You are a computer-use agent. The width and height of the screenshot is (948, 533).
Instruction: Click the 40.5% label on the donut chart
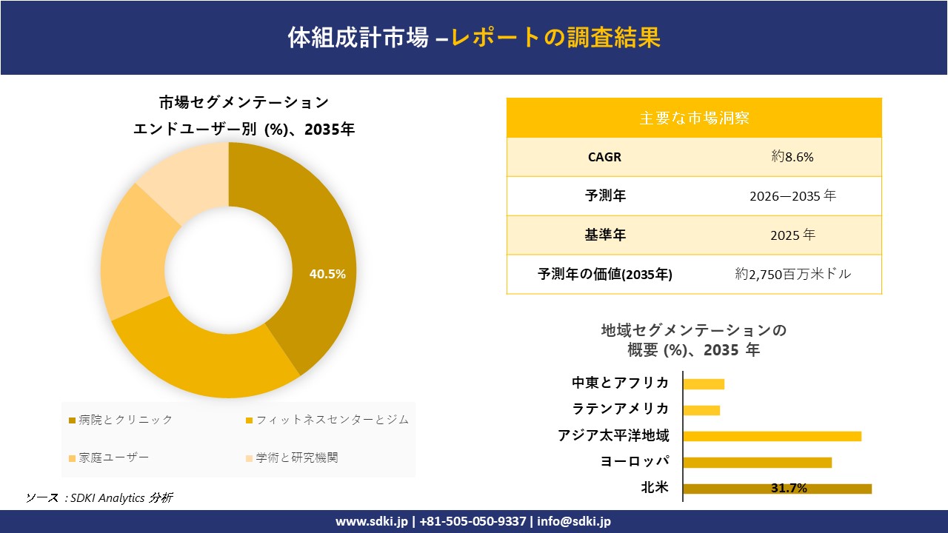point(327,274)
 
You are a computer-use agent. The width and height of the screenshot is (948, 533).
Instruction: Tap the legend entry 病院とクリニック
point(121,420)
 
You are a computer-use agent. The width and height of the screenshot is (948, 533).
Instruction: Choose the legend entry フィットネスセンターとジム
point(327,420)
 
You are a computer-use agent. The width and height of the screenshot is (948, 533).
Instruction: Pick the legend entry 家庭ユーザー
point(109,458)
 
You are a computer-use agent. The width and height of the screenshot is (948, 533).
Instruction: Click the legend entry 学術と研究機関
point(292,458)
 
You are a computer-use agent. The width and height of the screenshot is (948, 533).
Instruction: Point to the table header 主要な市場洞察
point(694,118)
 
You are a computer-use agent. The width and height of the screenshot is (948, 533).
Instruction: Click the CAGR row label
point(604,157)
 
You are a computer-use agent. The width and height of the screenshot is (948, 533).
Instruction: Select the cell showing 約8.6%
point(792,157)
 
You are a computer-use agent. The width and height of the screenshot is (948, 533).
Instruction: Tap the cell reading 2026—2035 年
point(792,196)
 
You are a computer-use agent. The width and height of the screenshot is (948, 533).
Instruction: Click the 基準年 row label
point(604,235)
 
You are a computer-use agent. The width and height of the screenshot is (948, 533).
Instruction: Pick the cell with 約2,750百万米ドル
point(792,275)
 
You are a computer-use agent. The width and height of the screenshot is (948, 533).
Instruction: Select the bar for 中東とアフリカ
point(704,383)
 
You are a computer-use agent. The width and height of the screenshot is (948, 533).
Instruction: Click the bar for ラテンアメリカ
point(701,410)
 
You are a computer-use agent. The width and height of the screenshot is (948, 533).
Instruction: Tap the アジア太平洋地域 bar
point(772,436)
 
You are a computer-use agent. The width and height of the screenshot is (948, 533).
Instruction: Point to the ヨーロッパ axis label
point(635,462)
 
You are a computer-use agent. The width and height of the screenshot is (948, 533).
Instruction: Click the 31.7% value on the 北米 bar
point(789,489)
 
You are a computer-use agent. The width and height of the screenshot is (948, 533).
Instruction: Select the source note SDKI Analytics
point(99,497)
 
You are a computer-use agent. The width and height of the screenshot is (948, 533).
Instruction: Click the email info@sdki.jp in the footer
point(574,522)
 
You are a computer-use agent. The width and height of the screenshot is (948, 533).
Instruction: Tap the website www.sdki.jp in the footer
point(372,522)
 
